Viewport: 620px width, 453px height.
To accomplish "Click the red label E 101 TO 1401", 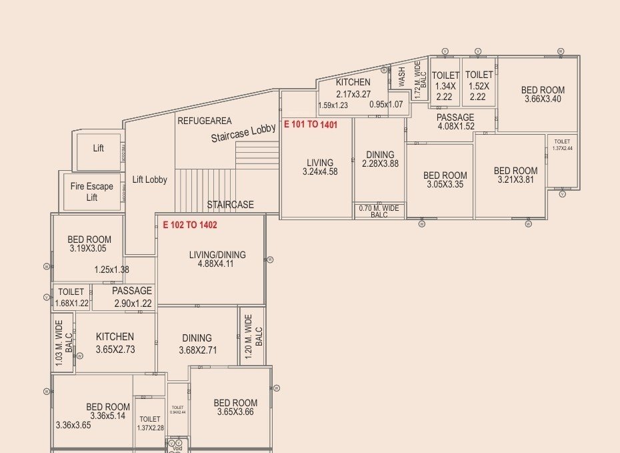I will point(311,125).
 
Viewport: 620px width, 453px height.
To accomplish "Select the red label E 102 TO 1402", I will point(190,225).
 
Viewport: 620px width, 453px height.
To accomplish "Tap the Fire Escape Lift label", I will point(92,191).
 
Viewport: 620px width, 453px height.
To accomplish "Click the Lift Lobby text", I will point(150,179).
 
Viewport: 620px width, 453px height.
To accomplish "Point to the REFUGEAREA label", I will point(205,121).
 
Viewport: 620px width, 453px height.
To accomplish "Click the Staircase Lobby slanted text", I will point(243,133).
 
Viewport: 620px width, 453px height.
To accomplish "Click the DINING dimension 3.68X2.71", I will point(197,350).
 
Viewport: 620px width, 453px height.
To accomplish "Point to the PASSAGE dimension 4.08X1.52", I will point(456,126).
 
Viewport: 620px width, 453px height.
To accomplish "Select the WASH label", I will point(402,76).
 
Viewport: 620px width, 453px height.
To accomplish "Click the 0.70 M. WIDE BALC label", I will point(379,211).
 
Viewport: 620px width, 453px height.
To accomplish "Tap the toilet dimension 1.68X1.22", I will point(71,303).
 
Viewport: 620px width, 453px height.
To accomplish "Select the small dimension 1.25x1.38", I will point(111,270).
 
